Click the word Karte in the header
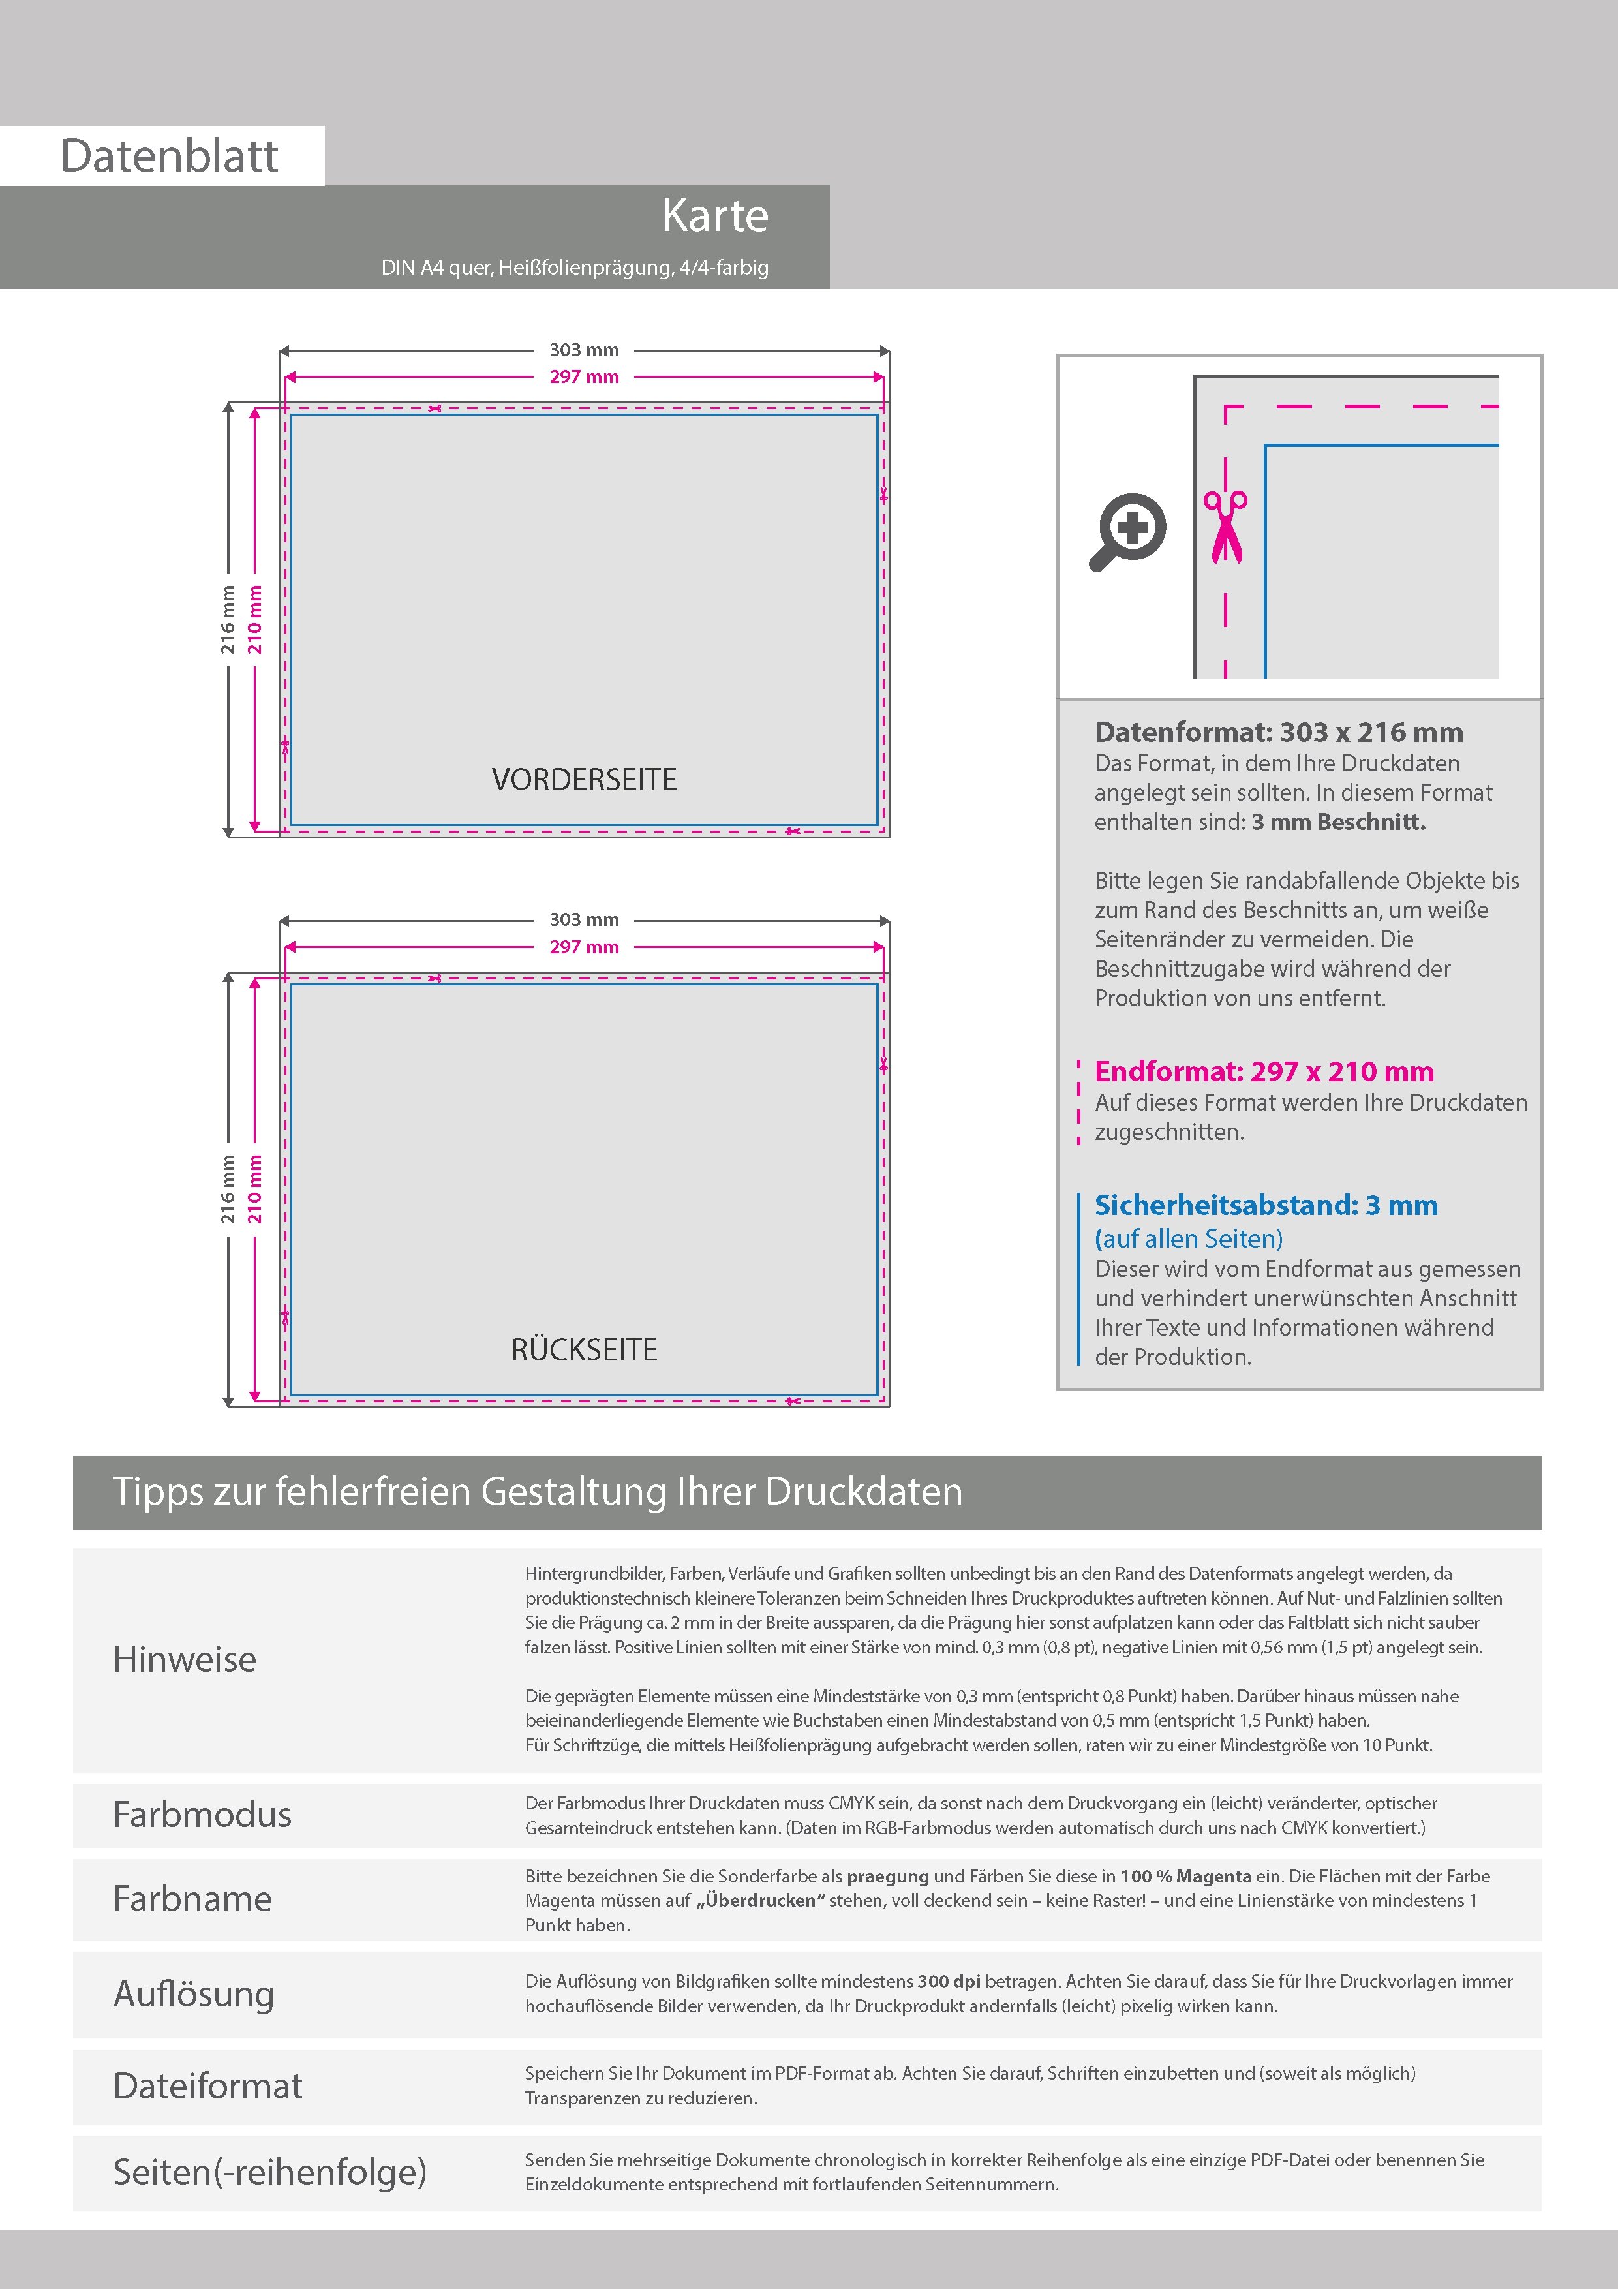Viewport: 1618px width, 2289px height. (x=715, y=215)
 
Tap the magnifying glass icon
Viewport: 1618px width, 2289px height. (x=1127, y=530)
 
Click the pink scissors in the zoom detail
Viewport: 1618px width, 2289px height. (x=1225, y=527)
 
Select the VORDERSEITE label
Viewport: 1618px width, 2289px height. (x=584, y=780)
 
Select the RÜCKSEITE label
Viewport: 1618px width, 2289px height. (x=584, y=1350)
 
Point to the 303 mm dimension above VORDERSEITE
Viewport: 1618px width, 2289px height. (x=584, y=350)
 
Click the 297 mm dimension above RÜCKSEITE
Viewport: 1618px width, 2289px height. (x=584, y=947)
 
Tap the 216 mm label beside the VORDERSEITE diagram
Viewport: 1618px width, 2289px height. (x=228, y=620)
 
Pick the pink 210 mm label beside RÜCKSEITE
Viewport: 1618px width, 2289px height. (x=255, y=1190)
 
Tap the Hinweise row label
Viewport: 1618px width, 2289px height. (x=185, y=1659)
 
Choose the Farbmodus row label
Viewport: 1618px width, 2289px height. (x=202, y=1815)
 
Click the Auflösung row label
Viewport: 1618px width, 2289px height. (x=193, y=1994)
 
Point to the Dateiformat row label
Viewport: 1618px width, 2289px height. (x=207, y=2085)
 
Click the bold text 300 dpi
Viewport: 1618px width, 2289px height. (x=948, y=1981)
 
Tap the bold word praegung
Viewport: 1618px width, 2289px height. (x=887, y=1876)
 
